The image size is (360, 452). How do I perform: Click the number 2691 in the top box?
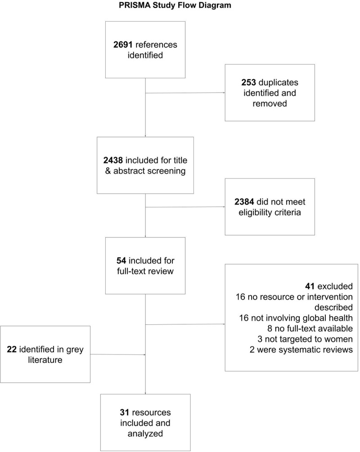[123, 45]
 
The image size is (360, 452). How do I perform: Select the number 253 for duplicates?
[249, 82]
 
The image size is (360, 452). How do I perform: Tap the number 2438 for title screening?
[113, 160]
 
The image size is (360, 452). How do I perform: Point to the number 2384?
[244, 202]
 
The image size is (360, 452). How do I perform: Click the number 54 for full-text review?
[121, 260]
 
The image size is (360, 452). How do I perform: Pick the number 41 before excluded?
[310, 286]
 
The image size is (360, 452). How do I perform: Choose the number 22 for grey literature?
[12, 349]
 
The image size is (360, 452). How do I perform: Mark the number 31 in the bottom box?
[125, 412]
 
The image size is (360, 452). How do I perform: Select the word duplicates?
[279, 82]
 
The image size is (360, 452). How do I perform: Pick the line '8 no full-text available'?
[310, 329]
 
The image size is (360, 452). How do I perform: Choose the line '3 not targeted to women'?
[305, 339]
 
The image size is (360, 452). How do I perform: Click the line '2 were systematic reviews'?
[301, 349]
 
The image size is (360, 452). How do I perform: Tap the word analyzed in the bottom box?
[145, 434]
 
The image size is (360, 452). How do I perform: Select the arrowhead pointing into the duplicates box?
[224, 93]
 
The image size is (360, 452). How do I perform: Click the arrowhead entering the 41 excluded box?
[224, 324]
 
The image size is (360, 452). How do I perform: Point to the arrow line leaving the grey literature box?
[118, 354]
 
